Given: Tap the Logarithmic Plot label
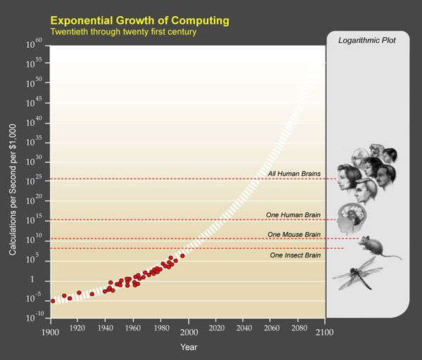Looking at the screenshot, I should click(x=367, y=41).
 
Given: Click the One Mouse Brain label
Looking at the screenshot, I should click(x=294, y=234).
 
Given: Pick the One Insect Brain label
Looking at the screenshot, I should click(x=295, y=255).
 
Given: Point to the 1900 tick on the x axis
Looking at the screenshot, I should click(x=51, y=330).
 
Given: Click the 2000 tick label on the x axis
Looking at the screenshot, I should click(x=188, y=330).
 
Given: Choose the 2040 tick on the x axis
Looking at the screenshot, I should click(x=243, y=330).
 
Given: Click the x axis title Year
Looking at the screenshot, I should click(x=188, y=347).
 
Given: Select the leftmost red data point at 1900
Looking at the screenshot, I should click(x=52, y=300).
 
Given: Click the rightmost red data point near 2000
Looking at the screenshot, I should click(x=182, y=256).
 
